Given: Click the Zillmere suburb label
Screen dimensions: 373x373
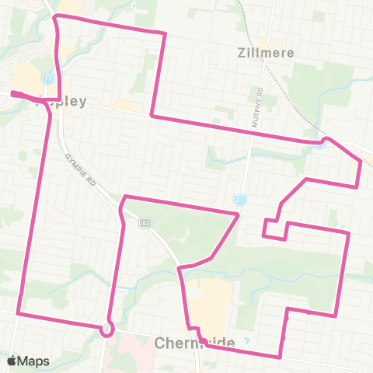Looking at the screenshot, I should point(263,54).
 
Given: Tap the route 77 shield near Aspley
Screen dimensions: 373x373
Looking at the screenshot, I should point(48,78).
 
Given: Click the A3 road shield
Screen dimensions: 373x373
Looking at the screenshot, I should point(145,223).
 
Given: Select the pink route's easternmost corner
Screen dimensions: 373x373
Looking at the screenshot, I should point(361,161).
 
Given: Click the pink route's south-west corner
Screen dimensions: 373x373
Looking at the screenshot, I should point(17,314).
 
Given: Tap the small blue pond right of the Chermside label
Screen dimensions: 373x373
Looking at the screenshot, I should point(246,341).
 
